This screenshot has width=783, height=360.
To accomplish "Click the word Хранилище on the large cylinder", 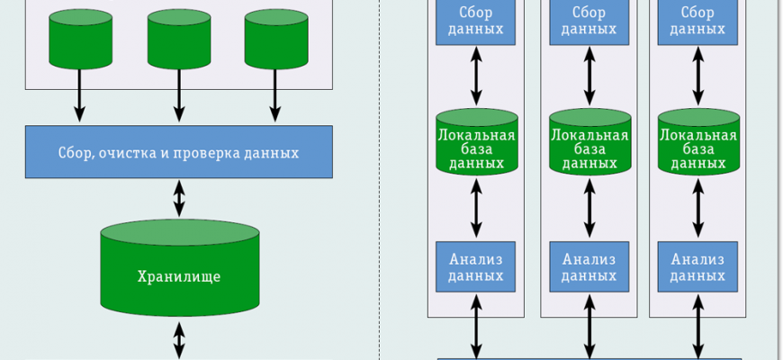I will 179,275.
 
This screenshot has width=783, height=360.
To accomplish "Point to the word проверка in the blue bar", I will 211,152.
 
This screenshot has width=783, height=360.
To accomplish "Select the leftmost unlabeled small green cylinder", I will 80,39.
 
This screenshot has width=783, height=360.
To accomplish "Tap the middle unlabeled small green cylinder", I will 179,39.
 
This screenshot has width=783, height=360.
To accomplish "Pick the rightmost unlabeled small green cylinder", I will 276,39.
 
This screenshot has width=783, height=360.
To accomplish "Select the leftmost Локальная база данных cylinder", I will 476,141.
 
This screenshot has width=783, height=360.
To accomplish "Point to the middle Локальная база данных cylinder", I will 589,141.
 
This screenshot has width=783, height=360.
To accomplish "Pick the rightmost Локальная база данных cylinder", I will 697,141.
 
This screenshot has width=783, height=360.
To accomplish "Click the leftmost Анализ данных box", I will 476,266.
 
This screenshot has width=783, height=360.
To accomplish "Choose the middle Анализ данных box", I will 589,266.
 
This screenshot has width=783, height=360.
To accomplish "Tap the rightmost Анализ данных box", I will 697,266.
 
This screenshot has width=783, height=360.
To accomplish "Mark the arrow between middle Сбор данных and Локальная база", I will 589,75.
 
